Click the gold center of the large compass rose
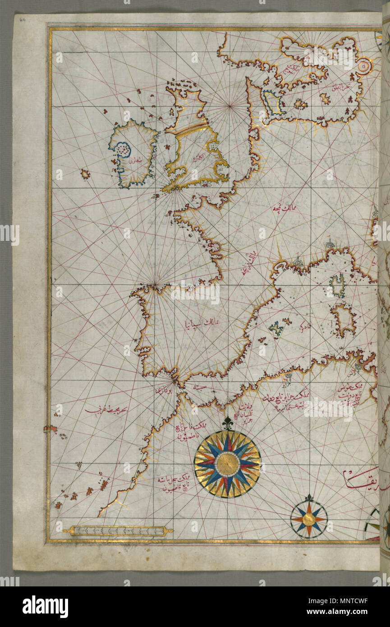(x=228, y=464)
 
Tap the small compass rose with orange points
(x=309, y=519)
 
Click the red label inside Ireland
(x=135, y=158)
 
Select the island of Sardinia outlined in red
(x=344, y=319)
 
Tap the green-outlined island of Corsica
(x=337, y=286)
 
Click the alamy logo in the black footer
(x=45, y=607)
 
